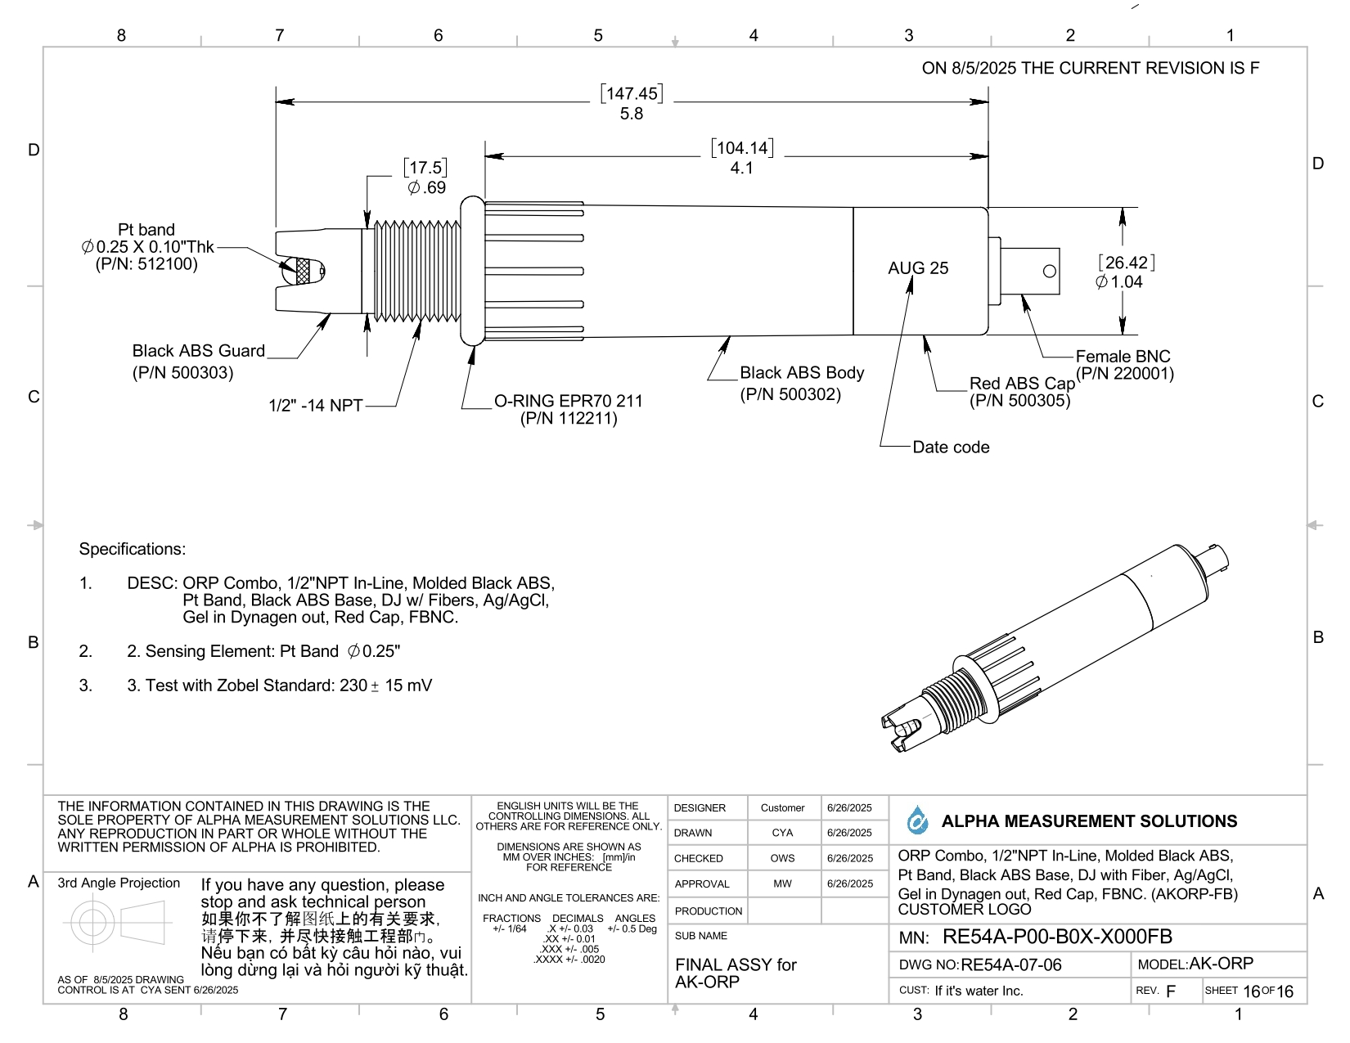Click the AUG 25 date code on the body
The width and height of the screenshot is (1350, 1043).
coord(918,268)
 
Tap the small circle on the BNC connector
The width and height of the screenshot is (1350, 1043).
coord(1050,272)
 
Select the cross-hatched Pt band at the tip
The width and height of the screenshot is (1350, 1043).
coord(304,272)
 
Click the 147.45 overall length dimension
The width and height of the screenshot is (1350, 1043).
coord(631,93)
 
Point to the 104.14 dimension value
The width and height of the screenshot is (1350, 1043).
coord(742,148)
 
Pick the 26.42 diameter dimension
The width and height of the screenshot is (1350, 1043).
coord(1126,263)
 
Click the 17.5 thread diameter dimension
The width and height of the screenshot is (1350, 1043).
coord(425,168)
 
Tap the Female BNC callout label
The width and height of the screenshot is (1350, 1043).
coord(1123,357)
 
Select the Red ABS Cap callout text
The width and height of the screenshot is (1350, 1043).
coord(1021,384)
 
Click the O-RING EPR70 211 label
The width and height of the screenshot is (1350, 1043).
coord(568,401)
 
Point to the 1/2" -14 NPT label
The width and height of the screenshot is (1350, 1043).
coord(315,406)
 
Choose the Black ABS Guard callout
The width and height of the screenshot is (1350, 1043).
coord(198,352)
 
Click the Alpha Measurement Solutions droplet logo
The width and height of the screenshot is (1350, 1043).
coord(918,820)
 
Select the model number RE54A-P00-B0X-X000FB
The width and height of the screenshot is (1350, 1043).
coord(1057,937)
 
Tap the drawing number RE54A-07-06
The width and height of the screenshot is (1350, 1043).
coord(1010,965)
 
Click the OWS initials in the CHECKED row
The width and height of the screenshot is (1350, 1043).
coord(781,858)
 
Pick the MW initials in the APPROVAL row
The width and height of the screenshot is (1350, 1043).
coord(782,883)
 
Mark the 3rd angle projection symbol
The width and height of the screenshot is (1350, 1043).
coord(117,923)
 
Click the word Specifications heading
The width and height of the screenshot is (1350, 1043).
coord(133,549)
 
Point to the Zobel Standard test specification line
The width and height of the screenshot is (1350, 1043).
coord(279,686)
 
